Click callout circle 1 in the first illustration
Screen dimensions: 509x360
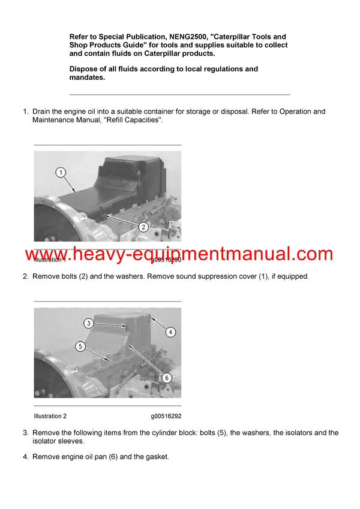pyautogui.click(x=60, y=173)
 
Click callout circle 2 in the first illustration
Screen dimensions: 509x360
pyautogui.click(x=144, y=227)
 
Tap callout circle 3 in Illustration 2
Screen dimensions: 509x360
pyautogui.click(x=88, y=324)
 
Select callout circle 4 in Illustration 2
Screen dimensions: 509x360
pyautogui.click(x=170, y=332)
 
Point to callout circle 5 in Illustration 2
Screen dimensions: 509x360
pyautogui.click(x=80, y=346)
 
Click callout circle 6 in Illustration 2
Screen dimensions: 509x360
pyautogui.click(x=166, y=378)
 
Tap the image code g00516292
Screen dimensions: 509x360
pyautogui.click(x=166, y=416)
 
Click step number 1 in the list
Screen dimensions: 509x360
pyautogui.click(x=25, y=112)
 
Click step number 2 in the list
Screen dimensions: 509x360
pyautogui.click(x=25, y=277)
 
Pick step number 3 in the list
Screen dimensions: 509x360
pyautogui.click(x=25, y=433)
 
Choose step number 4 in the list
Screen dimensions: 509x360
pyautogui.click(x=25, y=457)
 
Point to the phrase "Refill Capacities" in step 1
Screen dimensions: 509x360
pyautogui.click(x=133, y=121)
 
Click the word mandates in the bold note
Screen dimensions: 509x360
pyautogui.click(x=87, y=77)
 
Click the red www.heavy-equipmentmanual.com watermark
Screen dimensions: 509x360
pyautogui.click(x=179, y=254)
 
